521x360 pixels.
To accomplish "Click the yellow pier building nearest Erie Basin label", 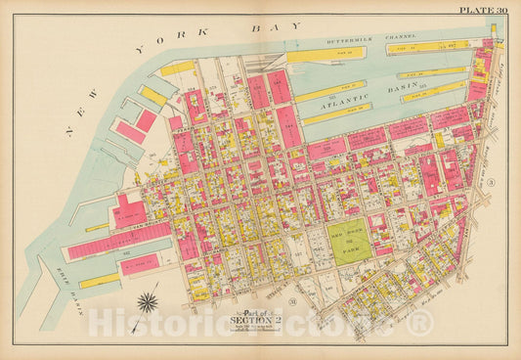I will pos(99,281).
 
